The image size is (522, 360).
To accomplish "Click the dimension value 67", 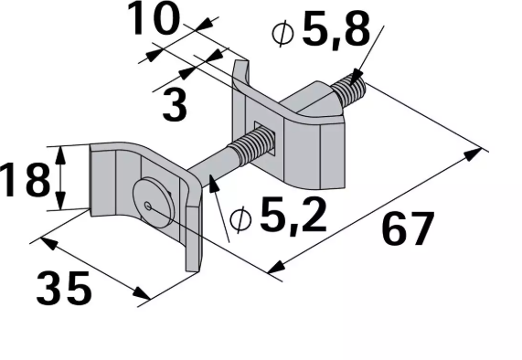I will (x=406, y=230).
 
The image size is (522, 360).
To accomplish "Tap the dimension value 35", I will (x=64, y=290).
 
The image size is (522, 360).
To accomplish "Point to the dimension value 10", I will (x=153, y=20).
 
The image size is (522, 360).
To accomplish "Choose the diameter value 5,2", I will (x=293, y=217).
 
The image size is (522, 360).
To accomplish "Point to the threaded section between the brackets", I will (x=255, y=146).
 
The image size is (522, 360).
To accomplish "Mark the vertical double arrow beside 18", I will (x=62, y=178).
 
